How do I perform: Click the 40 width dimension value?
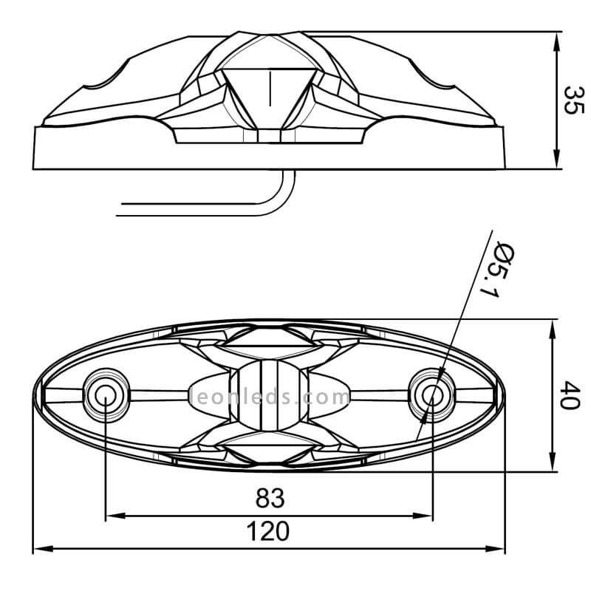click(570, 395)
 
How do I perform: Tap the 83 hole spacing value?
click(270, 498)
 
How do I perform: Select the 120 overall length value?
click(268, 531)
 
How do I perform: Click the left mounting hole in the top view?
click(105, 395)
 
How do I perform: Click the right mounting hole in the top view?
click(432, 395)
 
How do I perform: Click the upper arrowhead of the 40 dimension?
click(552, 329)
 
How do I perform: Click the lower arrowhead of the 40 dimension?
click(552, 461)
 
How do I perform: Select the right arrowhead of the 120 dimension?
click(494, 549)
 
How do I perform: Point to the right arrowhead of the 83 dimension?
click(423, 516)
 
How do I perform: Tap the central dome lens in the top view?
click(269, 395)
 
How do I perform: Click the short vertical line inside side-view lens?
click(270, 89)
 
